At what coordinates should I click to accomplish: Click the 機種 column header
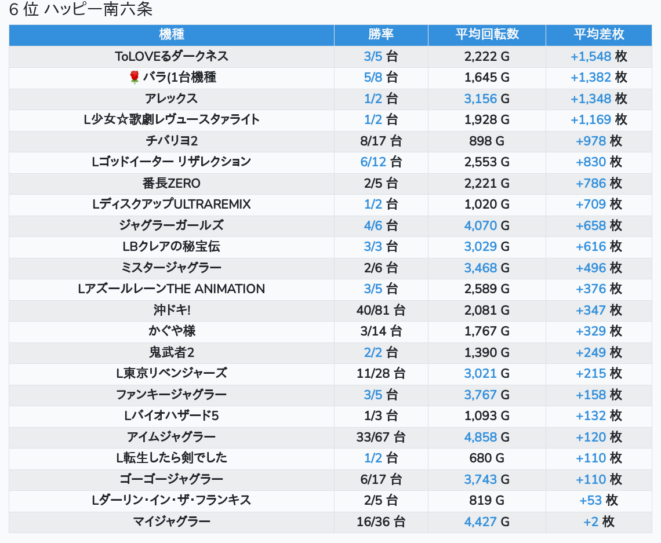coord(171,34)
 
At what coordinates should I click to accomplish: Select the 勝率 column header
coord(381,34)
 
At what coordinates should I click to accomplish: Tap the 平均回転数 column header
coord(486,34)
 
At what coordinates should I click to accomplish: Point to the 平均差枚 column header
coord(599,34)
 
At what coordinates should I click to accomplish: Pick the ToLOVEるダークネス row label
coord(171,56)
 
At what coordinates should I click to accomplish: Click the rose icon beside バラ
coord(135,77)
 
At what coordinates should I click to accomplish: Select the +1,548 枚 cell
coord(599,56)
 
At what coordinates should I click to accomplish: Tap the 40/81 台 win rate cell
coord(381,310)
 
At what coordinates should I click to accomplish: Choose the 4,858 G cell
coord(486,437)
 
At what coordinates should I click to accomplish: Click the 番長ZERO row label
coord(171,183)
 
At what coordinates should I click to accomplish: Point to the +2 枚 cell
coord(599,522)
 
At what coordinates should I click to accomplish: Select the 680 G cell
coord(486,458)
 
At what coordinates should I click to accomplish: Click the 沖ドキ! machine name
coord(171,310)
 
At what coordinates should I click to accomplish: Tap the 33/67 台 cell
coord(381,437)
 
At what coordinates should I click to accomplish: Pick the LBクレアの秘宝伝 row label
coord(171,246)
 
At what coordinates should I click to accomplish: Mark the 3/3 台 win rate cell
coord(381,246)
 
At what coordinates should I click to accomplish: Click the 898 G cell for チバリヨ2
coord(486,141)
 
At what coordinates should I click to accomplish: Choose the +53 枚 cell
coord(599,500)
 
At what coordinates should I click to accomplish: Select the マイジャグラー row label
coord(171,522)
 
